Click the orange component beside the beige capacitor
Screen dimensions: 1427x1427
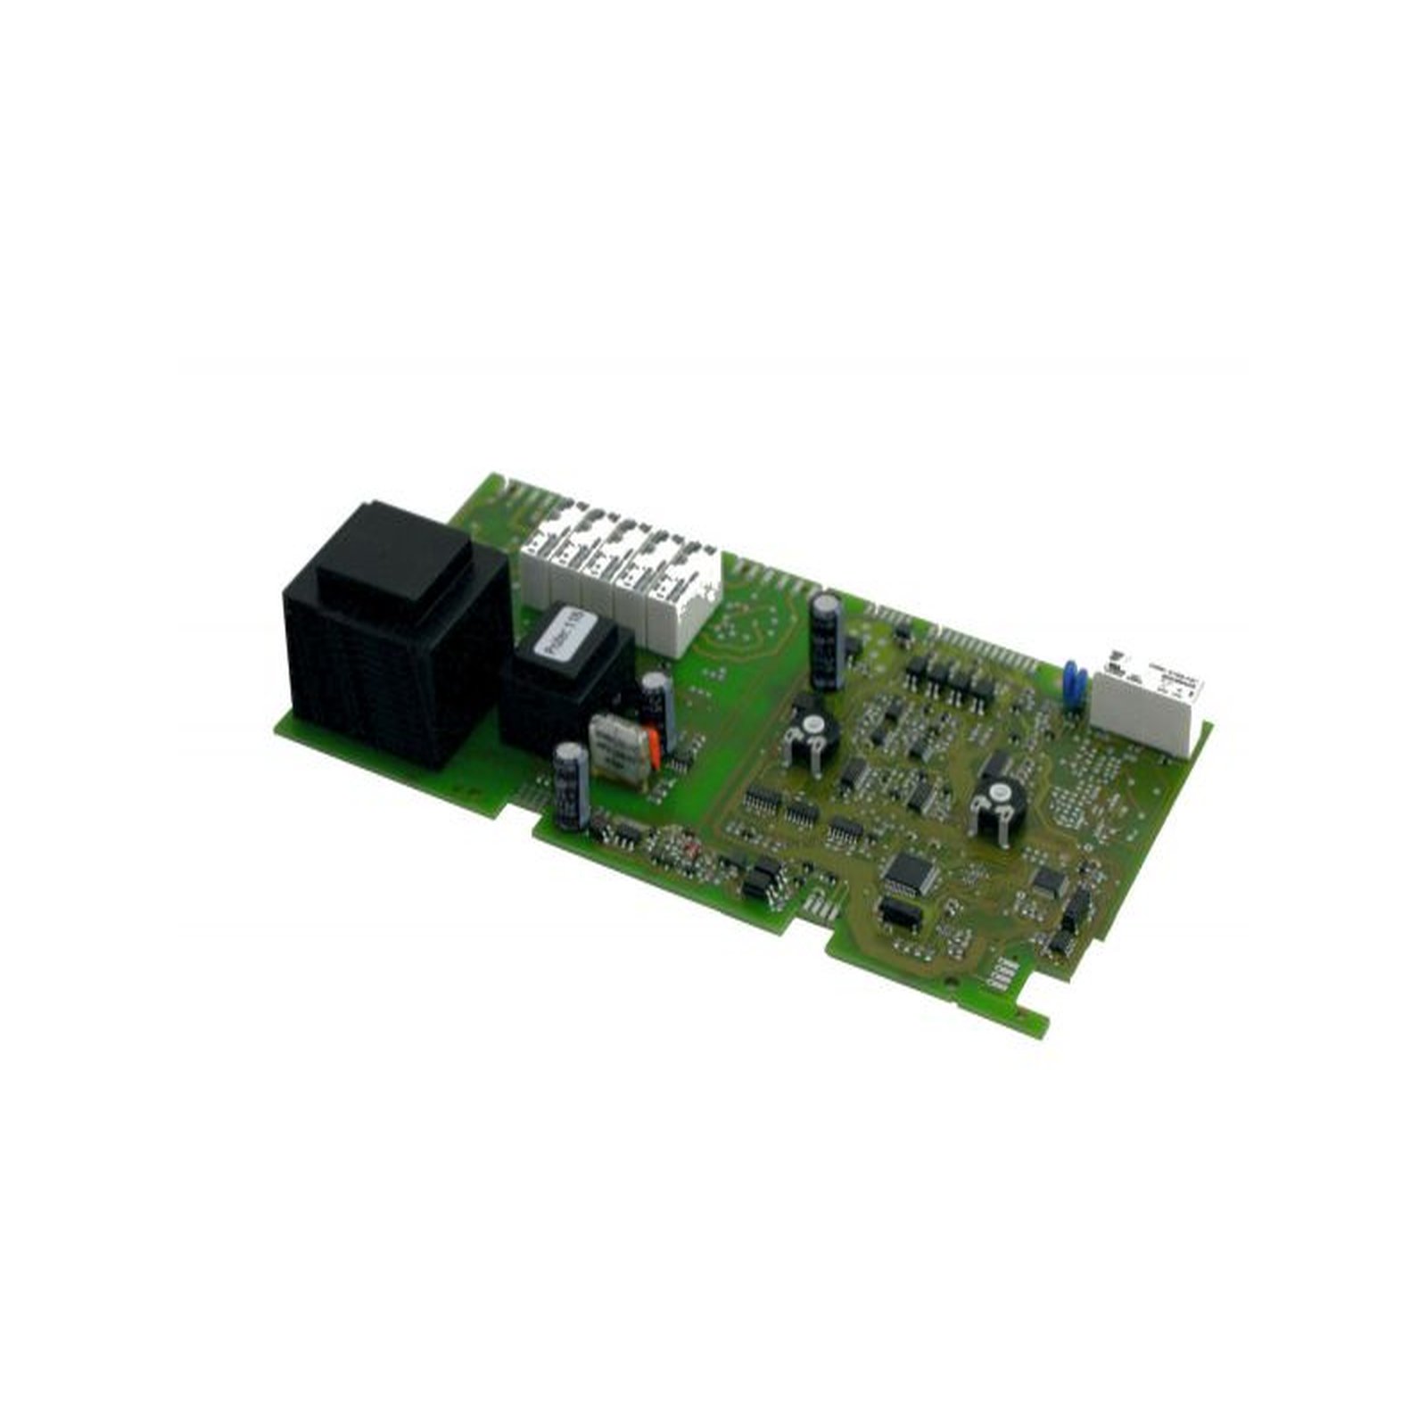click(x=656, y=747)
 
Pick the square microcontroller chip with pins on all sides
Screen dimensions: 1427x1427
click(x=911, y=872)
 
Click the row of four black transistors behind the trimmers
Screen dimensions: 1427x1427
click(x=950, y=680)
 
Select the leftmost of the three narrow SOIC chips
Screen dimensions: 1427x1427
click(x=763, y=801)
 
